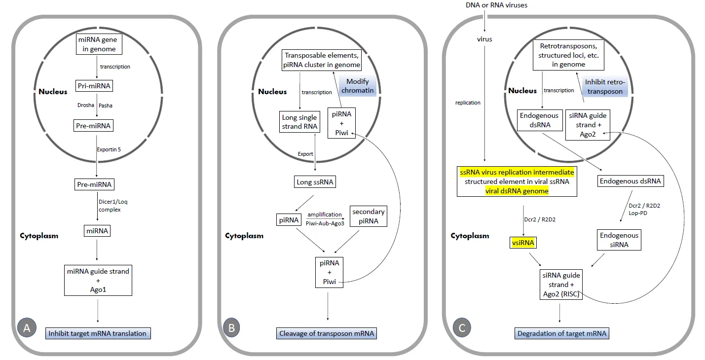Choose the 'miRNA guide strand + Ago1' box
98,281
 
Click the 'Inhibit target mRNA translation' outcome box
97,333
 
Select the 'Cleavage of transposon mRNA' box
327,333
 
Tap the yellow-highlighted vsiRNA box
523,243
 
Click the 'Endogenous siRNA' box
619,240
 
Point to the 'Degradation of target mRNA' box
561,333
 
